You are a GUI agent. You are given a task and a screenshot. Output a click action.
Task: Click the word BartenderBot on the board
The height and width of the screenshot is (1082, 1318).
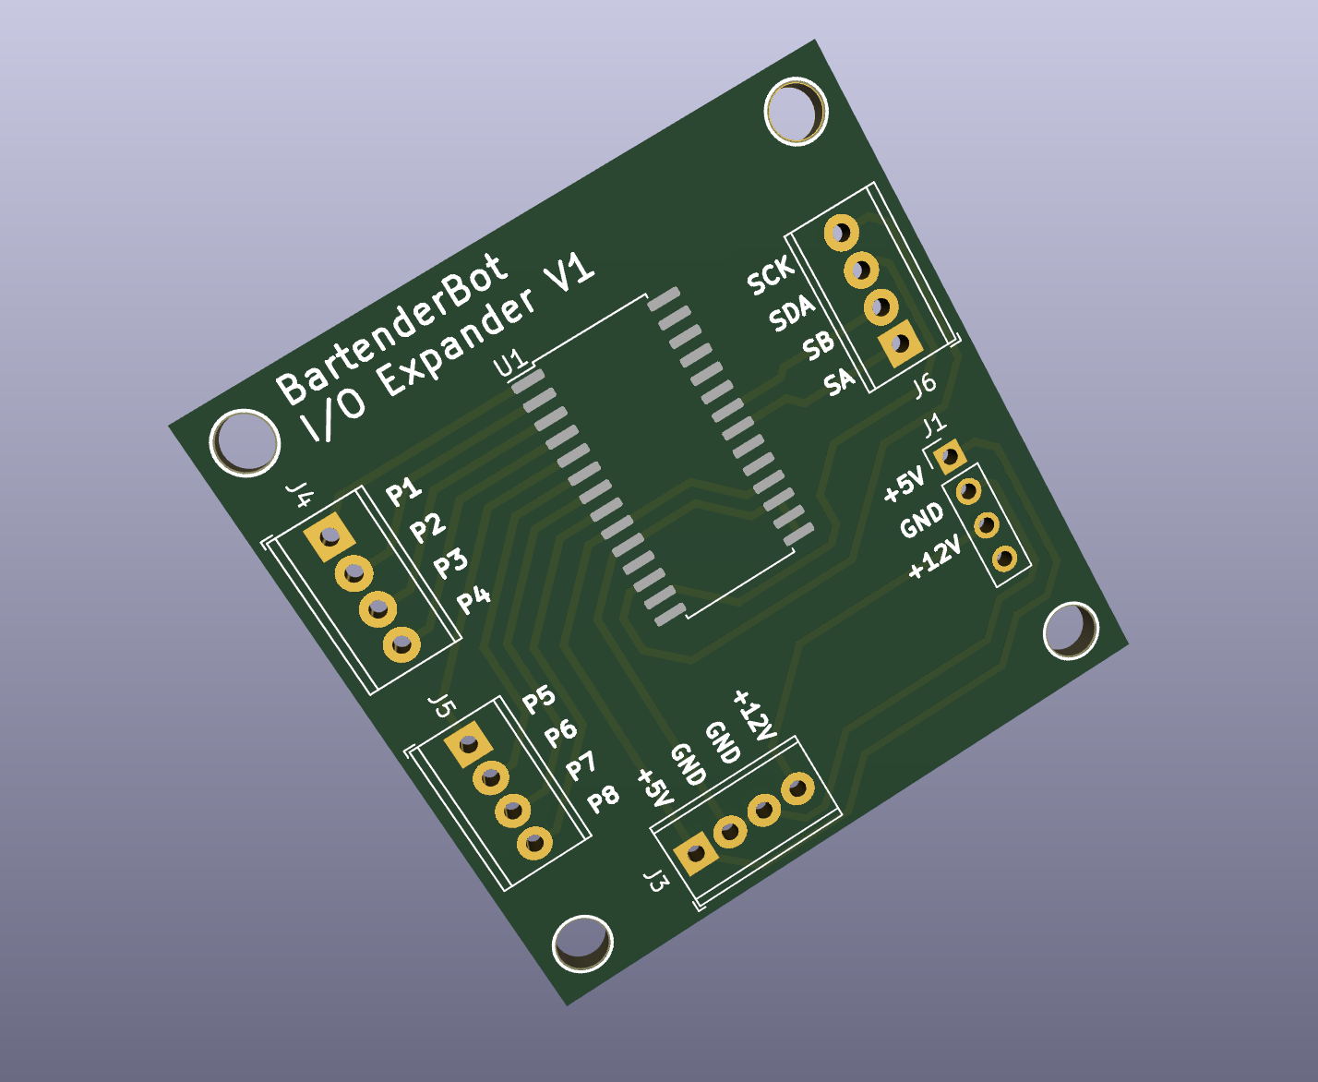[392, 330]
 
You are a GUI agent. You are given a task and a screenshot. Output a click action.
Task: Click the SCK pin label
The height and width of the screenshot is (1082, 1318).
[771, 275]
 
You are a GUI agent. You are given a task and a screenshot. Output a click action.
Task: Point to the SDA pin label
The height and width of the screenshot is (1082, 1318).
[793, 314]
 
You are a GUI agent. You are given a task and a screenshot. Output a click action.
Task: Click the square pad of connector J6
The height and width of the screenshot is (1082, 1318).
[900, 343]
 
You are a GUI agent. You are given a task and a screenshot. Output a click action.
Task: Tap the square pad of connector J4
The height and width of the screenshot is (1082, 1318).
[329, 536]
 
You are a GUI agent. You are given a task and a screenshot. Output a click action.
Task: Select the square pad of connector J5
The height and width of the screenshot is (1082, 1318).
[469, 744]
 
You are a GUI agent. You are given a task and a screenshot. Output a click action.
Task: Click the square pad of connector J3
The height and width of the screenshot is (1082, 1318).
[696, 853]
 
